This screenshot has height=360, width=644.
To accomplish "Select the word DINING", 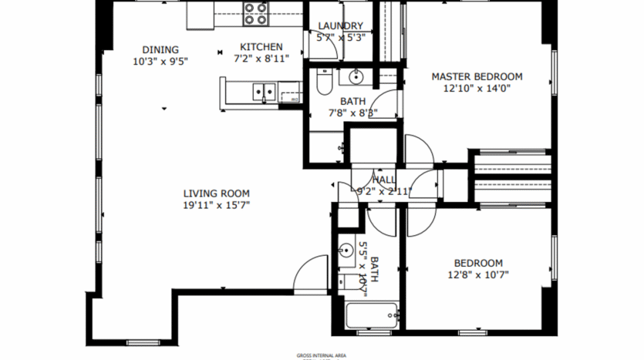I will click(160, 49).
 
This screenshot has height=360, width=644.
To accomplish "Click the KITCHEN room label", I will click(261, 47).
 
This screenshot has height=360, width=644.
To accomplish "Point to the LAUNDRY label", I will click(340, 25).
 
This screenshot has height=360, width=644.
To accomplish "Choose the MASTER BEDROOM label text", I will click(477, 76).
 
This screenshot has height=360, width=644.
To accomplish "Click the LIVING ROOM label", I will click(216, 193).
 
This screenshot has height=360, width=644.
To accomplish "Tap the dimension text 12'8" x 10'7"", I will click(478, 274).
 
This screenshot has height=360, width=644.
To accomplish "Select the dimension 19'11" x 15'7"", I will click(216, 205).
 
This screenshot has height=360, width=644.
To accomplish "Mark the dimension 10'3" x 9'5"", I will click(160, 61).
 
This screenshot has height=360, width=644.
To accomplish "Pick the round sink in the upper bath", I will click(356, 76).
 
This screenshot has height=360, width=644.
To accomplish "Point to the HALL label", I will click(385, 180).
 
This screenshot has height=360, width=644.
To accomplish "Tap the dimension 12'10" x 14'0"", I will click(477, 88).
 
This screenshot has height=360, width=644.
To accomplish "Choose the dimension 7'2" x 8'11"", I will click(261, 59).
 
